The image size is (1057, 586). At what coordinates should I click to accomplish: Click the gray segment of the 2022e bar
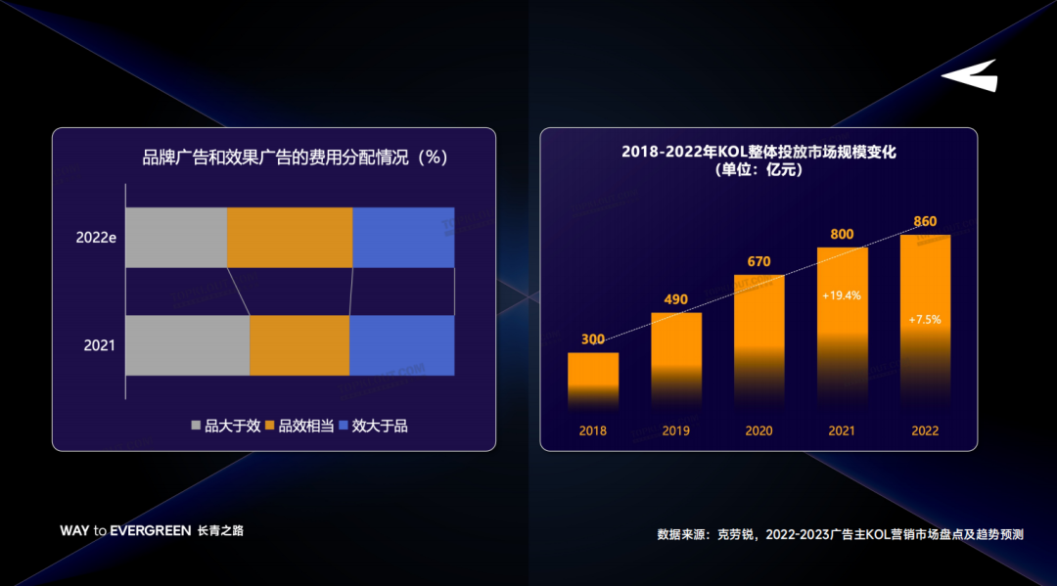[x=176, y=238]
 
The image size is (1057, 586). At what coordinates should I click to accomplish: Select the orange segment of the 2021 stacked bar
[x=299, y=345]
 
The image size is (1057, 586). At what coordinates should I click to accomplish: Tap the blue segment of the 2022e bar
[x=403, y=238]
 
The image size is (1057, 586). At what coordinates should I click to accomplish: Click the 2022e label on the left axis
[x=97, y=238]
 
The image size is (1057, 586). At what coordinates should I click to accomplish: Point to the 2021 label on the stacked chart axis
[x=99, y=345]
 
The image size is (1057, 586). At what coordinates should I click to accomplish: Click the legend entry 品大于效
[x=225, y=426]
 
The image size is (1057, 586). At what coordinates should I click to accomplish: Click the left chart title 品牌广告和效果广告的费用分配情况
[x=295, y=158]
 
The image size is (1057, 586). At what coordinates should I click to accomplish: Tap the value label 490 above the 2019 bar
[x=676, y=299]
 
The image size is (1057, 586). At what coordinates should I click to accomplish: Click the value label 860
[x=925, y=222]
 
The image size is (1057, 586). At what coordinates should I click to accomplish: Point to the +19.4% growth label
[x=842, y=294]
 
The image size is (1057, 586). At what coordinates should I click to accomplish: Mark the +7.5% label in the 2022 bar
[x=925, y=320]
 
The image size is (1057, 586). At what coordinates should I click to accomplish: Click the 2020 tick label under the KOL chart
[x=758, y=431]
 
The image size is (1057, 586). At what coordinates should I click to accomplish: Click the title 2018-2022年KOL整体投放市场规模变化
[x=758, y=153]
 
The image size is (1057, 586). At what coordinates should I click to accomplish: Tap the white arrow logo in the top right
[x=971, y=76]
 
